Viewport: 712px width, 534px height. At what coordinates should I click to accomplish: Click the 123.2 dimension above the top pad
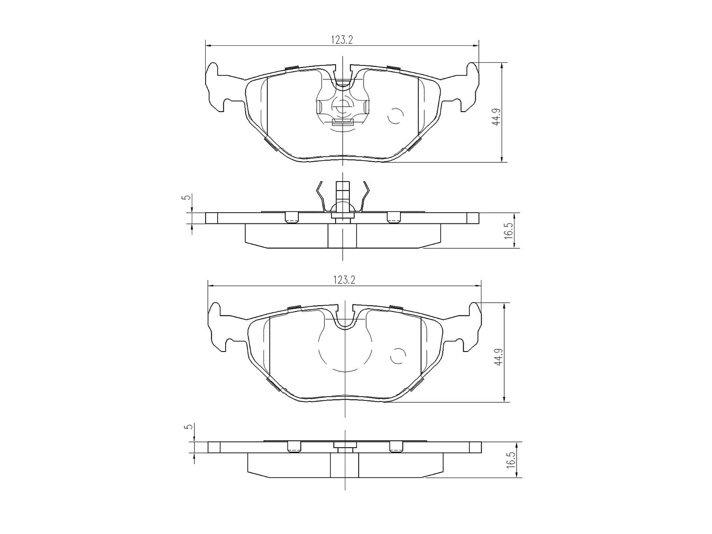click(x=342, y=40)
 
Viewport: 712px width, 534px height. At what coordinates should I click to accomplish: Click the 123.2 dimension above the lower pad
click(x=344, y=280)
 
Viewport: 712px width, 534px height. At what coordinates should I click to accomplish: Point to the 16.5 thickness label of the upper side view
click(x=508, y=231)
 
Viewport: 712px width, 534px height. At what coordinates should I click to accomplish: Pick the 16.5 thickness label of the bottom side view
click(x=510, y=459)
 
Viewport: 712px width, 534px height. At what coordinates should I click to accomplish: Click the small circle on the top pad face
click(x=396, y=116)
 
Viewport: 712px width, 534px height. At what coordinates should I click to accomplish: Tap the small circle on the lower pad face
click(x=398, y=356)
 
